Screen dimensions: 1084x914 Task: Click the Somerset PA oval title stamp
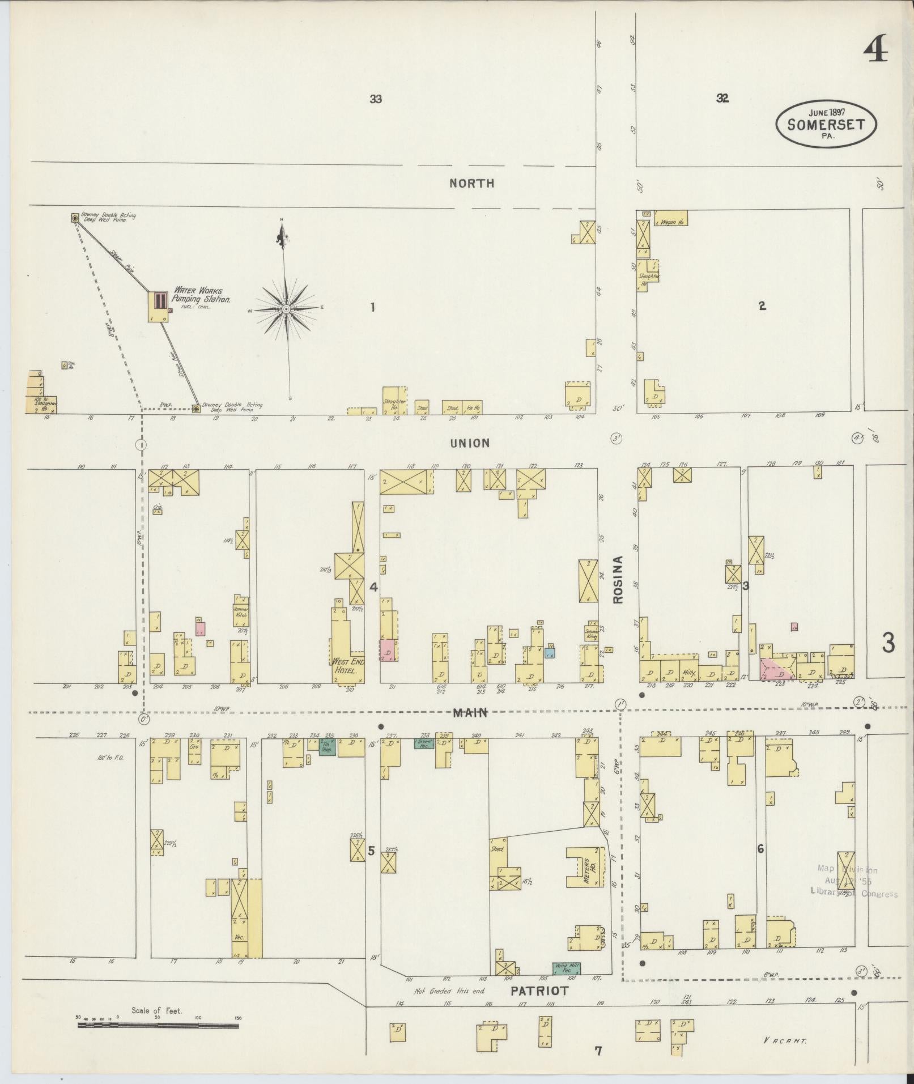[x=826, y=124]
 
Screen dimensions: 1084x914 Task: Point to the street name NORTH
[x=471, y=183]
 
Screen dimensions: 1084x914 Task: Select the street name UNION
[x=470, y=443]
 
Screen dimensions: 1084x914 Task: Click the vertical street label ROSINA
[x=618, y=579]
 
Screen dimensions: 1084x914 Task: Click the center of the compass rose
[x=287, y=309]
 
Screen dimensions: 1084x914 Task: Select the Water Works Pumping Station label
[x=201, y=295]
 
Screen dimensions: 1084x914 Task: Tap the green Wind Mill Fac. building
[x=566, y=968]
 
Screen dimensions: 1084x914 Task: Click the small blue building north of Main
[x=550, y=652]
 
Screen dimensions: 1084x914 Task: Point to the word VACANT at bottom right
[x=784, y=1040]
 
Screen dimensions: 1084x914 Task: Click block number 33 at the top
[x=375, y=99]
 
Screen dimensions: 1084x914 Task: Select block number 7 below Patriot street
[x=598, y=1052]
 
